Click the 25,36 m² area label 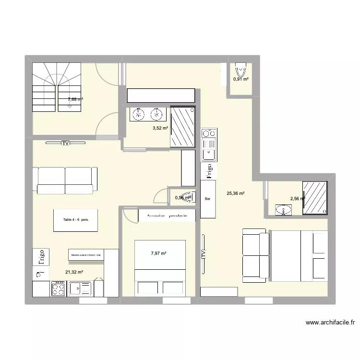236,194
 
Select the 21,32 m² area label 74,272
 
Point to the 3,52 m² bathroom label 160,128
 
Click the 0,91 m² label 240,79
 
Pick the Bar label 208,199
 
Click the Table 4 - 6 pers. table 76,220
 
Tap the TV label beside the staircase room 65,143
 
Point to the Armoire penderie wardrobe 166,216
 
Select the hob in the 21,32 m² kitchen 59,289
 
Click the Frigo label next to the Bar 209,170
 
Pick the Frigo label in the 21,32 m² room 41,257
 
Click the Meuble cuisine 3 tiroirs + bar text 86,255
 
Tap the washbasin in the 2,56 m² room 283,210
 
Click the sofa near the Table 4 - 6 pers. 65,180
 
